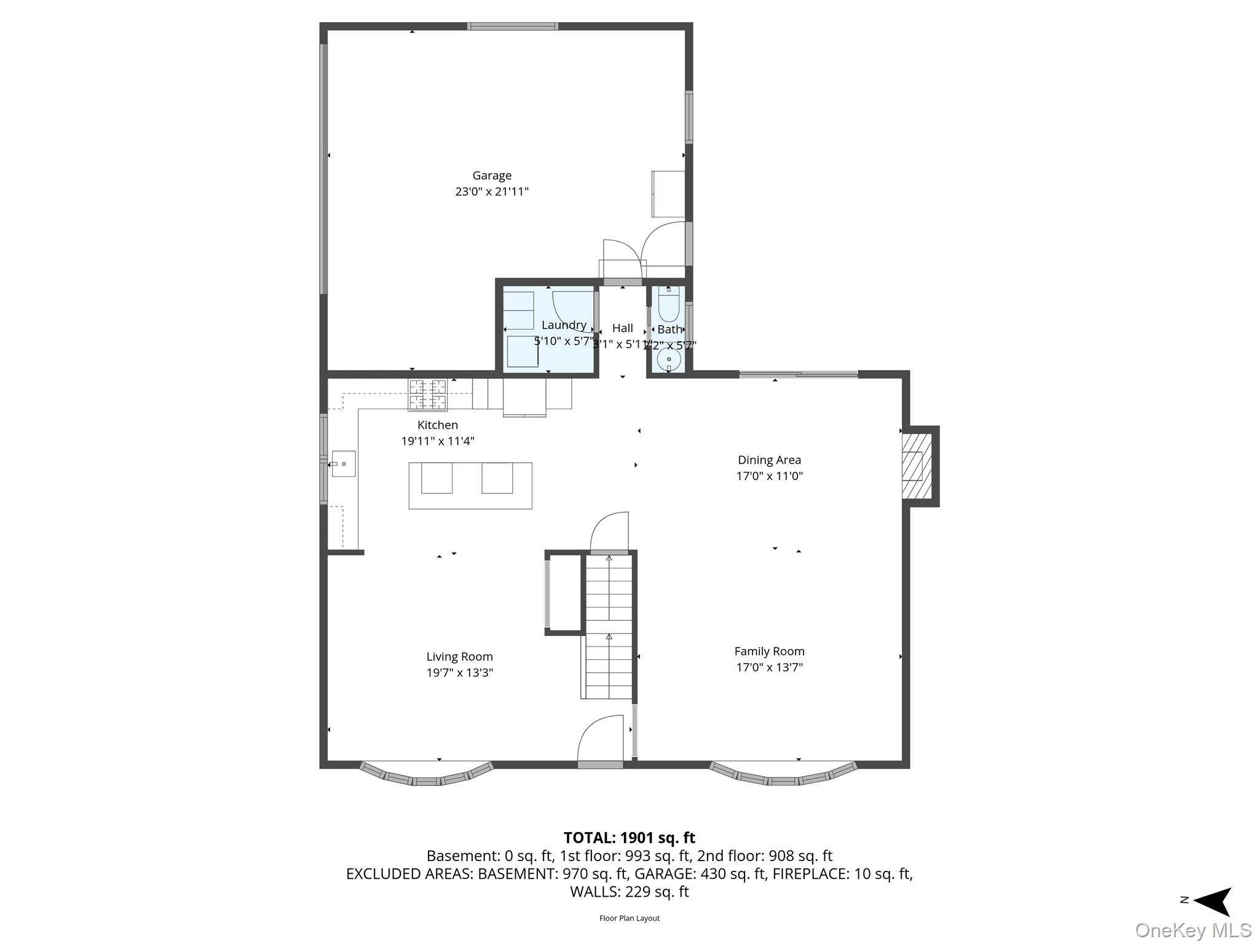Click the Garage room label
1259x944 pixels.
click(x=491, y=176)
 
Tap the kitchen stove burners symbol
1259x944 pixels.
click(x=428, y=395)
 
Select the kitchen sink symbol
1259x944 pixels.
click(x=344, y=464)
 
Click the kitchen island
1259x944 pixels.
click(x=470, y=486)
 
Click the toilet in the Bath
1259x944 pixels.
click(x=669, y=305)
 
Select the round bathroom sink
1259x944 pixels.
click(x=669, y=359)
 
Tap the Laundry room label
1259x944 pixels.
click(x=564, y=325)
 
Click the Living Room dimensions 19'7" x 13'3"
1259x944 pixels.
click(x=460, y=672)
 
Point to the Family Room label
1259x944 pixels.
click(x=769, y=651)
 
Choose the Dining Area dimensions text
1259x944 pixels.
click(x=769, y=476)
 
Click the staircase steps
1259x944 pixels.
click(x=609, y=627)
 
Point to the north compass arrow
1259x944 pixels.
click(x=1211, y=901)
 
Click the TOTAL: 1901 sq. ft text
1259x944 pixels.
click(x=629, y=838)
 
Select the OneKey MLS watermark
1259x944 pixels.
click(x=1193, y=930)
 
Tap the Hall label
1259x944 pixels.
click(x=622, y=328)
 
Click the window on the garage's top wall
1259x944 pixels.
click(x=512, y=26)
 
